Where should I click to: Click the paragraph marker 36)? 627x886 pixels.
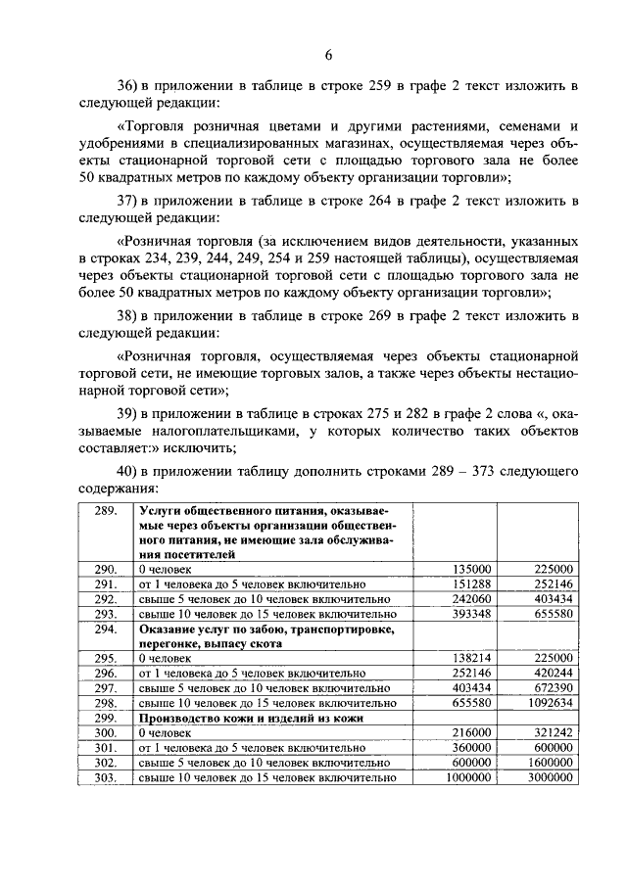pyautogui.click(x=128, y=85)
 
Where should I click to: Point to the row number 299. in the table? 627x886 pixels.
pyautogui.click(x=105, y=718)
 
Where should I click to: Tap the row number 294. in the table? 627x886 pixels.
pyautogui.click(x=105, y=629)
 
